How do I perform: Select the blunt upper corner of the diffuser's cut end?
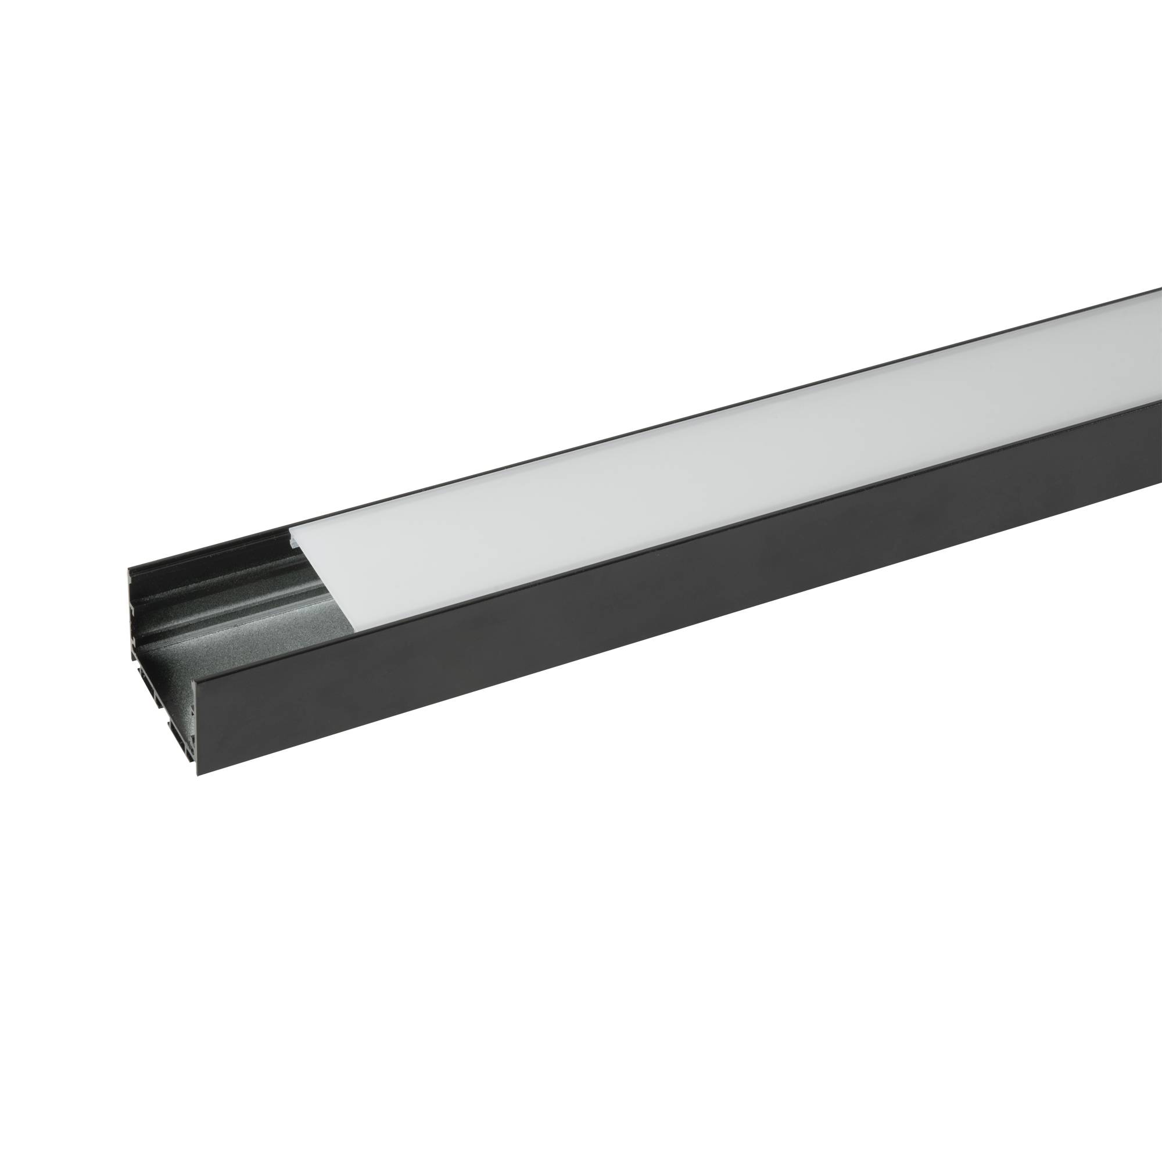(291, 529)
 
